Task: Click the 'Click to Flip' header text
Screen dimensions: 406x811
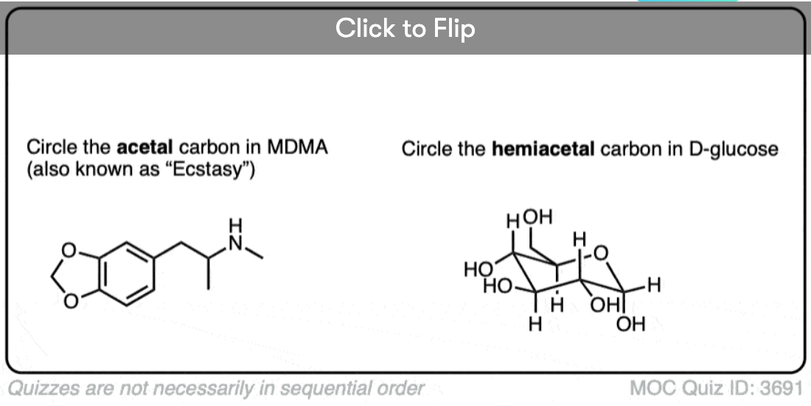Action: click(405, 29)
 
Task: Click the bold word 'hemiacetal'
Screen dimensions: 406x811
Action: click(543, 149)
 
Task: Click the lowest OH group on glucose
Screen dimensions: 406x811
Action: click(630, 323)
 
